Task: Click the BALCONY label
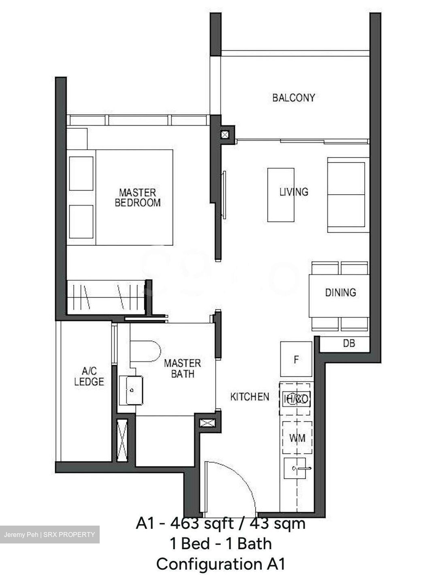(x=293, y=98)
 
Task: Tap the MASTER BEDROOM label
(x=137, y=198)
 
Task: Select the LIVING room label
(x=294, y=191)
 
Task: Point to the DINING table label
(x=340, y=292)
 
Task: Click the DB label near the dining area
(x=349, y=344)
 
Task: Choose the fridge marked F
(x=296, y=359)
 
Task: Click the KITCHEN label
(x=250, y=397)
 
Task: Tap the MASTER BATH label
(x=182, y=368)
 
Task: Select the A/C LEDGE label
(x=89, y=376)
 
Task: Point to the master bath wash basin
(x=131, y=390)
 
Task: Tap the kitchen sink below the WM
(x=298, y=469)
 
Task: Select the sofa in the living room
(x=348, y=195)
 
